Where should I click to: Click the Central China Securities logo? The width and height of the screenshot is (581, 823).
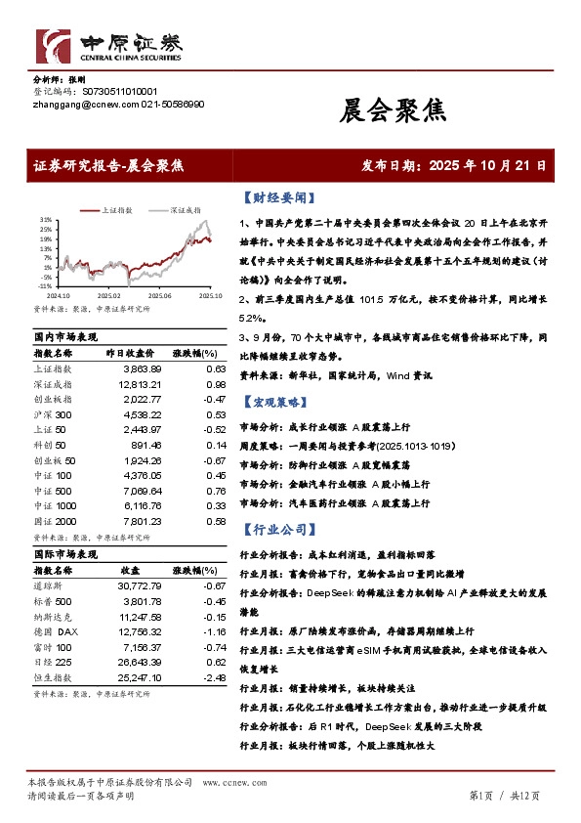108,46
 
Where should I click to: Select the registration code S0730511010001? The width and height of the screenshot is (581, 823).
113,92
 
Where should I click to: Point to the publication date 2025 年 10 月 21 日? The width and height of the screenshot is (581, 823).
487,166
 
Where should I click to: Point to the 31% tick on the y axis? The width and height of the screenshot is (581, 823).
45,220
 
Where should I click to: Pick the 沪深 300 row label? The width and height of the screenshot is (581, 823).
55,414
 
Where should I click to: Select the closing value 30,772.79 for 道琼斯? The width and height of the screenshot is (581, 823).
139,585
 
